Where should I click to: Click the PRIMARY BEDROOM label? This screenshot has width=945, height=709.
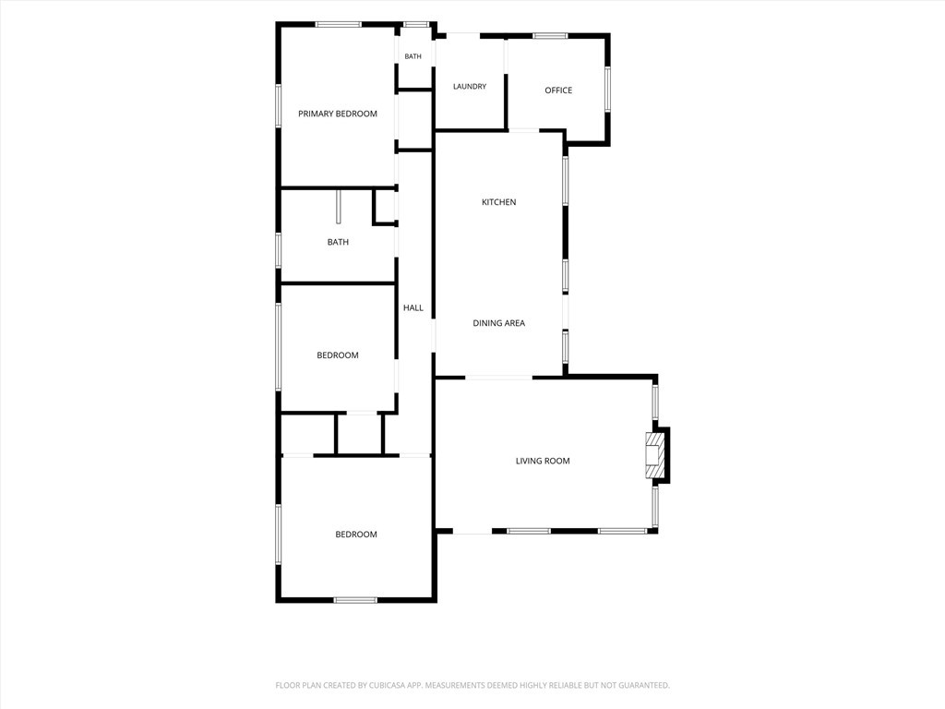pos(338,114)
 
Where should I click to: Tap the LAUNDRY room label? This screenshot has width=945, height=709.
pos(470,87)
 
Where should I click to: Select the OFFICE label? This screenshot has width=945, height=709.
pos(558,90)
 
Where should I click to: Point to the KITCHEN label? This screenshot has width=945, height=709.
pos(498,202)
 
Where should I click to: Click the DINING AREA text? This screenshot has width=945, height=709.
pos(498,323)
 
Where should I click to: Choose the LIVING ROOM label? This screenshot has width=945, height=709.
pos(543,462)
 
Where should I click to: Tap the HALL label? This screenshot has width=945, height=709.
pos(413,308)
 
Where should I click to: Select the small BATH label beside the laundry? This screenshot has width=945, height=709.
pos(413,56)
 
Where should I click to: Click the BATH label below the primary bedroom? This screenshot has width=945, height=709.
pos(338,243)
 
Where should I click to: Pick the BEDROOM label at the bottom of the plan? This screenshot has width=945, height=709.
pos(356,535)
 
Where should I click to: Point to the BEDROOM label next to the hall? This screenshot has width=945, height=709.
pos(338,355)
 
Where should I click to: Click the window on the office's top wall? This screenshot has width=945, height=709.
pos(550,36)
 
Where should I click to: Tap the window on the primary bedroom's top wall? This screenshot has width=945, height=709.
pos(339,25)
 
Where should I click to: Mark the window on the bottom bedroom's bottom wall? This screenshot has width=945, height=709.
pos(355,600)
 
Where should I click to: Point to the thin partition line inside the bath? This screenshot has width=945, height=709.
pos(339,207)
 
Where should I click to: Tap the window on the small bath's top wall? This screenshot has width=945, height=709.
pos(415,25)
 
